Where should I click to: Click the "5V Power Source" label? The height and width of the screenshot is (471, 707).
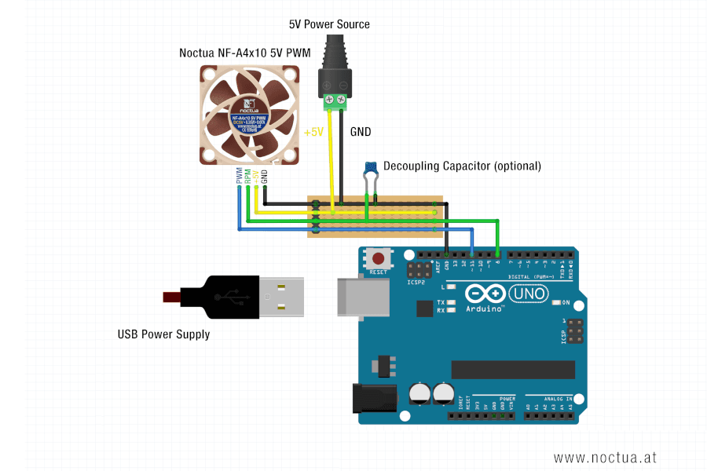tap(329, 24)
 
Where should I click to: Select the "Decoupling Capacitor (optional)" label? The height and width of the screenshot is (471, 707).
tap(462, 166)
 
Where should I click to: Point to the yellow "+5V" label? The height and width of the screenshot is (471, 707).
tap(313, 132)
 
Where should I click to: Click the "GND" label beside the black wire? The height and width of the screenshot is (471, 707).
tap(361, 132)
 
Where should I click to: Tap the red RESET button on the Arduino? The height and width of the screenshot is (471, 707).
tap(380, 258)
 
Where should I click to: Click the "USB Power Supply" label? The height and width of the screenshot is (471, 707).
tap(163, 334)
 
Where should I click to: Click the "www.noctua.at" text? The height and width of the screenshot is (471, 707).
tap(605, 457)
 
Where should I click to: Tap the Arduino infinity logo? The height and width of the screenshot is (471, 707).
tap(486, 294)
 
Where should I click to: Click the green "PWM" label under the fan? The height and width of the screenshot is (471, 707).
tap(239, 176)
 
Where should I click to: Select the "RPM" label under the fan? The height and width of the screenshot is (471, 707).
tap(247, 176)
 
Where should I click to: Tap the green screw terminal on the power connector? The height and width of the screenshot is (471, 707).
tap(335, 100)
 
